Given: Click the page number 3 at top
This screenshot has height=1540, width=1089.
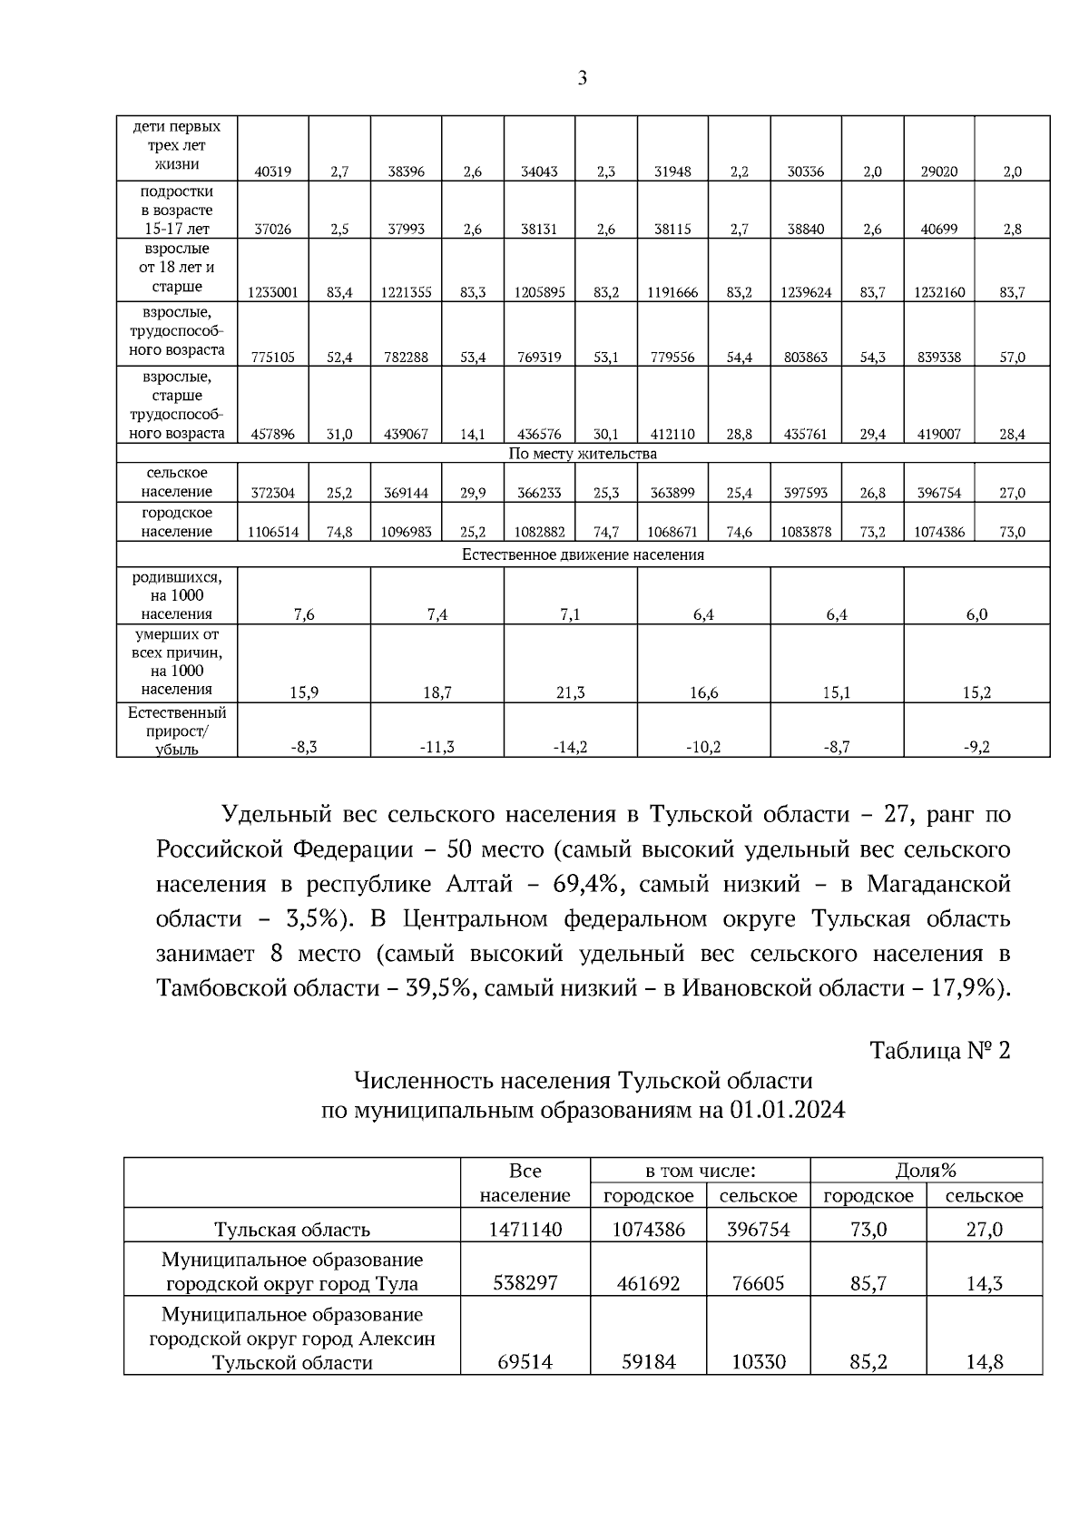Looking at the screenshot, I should tap(583, 78).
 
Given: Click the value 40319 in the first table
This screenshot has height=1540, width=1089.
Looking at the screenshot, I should tap(272, 172).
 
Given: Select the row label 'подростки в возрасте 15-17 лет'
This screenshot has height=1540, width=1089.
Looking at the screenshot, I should tap(177, 210).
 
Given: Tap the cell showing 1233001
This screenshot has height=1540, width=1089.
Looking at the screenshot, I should tap(272, 292).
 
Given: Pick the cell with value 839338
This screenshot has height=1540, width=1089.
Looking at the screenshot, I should tap(939, 358).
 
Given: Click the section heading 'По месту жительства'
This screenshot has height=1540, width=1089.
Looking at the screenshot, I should tap(583, 454).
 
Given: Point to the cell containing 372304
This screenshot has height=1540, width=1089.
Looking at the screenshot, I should tap(272, 493).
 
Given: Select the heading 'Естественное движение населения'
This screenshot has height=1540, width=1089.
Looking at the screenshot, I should tap(583, 554).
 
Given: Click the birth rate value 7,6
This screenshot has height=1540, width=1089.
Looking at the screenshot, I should tap(304, 614).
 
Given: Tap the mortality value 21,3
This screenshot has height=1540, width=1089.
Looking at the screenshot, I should tap(570, 692).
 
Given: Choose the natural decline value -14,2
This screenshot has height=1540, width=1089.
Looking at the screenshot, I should tap(570, 747).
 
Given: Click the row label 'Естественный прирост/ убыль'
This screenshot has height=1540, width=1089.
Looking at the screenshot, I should tap(177, 731).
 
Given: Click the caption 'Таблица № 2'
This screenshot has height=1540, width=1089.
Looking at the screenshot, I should tap(939, 1051).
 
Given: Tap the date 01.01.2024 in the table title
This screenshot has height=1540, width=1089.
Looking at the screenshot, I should tap(786, 1110).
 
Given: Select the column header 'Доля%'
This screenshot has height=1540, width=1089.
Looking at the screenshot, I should tap(926, 1171).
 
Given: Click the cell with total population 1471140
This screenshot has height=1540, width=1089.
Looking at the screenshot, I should tap(525, 1230).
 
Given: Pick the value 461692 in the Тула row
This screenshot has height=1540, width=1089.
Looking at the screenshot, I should tap(648, 1283).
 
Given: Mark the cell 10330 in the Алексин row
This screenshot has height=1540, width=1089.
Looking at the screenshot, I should tap(758, 1362).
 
